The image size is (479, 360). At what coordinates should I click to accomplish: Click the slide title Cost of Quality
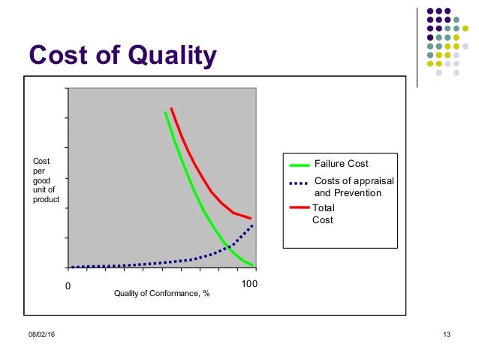click(x=122, y=55)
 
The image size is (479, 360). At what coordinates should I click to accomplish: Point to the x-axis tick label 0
click(x=66, y=286)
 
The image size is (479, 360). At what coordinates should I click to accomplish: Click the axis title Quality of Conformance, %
click(x=161, y=293)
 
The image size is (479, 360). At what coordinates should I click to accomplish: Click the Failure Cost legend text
click(x=341, y=163)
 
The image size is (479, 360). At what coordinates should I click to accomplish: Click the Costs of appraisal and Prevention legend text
click(x=353, y=187)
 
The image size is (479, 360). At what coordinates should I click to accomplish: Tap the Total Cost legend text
click(x=323, y=214)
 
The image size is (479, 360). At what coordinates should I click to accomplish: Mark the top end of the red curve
click(x=171, y=109)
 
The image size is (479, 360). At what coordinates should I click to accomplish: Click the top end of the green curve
click(x=165, y=112)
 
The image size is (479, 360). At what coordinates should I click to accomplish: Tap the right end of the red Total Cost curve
click(x=251, y=218)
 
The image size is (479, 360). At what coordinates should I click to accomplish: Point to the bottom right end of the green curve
click(x=255, y=266)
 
